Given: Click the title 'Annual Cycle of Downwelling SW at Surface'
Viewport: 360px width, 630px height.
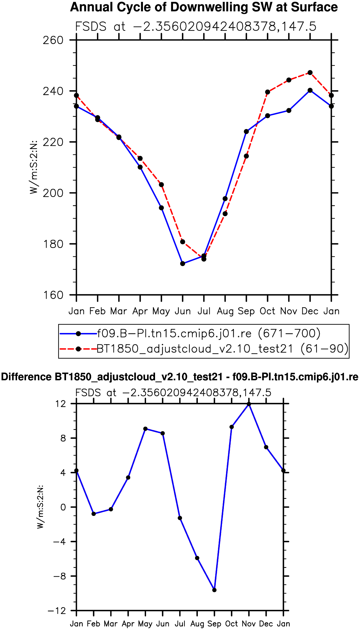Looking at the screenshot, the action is point(204,7).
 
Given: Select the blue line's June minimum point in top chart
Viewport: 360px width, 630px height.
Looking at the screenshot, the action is point(183,264).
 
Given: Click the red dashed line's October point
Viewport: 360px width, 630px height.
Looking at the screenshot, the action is point(268,92).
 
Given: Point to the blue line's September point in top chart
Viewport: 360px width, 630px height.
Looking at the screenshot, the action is point(247,131).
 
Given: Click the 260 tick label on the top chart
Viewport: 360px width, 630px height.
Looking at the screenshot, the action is point(53,40).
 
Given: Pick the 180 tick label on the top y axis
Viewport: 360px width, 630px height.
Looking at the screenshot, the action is point(53,244).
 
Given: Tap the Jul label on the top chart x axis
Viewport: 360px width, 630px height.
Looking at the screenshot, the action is point(204,311).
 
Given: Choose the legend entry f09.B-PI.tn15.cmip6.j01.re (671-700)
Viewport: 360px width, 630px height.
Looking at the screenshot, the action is point(209,333).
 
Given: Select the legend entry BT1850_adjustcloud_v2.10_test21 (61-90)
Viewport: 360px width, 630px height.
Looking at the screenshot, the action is point(223,349).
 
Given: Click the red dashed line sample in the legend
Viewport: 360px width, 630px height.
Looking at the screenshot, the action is point(78,349).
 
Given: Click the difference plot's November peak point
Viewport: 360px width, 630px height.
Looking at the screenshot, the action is point(249,404).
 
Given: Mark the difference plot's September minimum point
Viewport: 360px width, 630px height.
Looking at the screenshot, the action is point(214,590).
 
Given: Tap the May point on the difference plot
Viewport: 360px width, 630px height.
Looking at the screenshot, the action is point(145,429).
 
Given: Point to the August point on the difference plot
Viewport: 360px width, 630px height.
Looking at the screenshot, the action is point(197,558).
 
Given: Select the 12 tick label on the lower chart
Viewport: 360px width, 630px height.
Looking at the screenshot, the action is point(61,404).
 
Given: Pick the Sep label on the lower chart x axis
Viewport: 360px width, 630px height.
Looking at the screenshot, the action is point(214,623).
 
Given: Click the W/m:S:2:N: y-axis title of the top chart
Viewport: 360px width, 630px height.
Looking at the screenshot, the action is point(33,167).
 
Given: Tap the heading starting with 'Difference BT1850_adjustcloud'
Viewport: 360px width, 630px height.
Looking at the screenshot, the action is point(180,377).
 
